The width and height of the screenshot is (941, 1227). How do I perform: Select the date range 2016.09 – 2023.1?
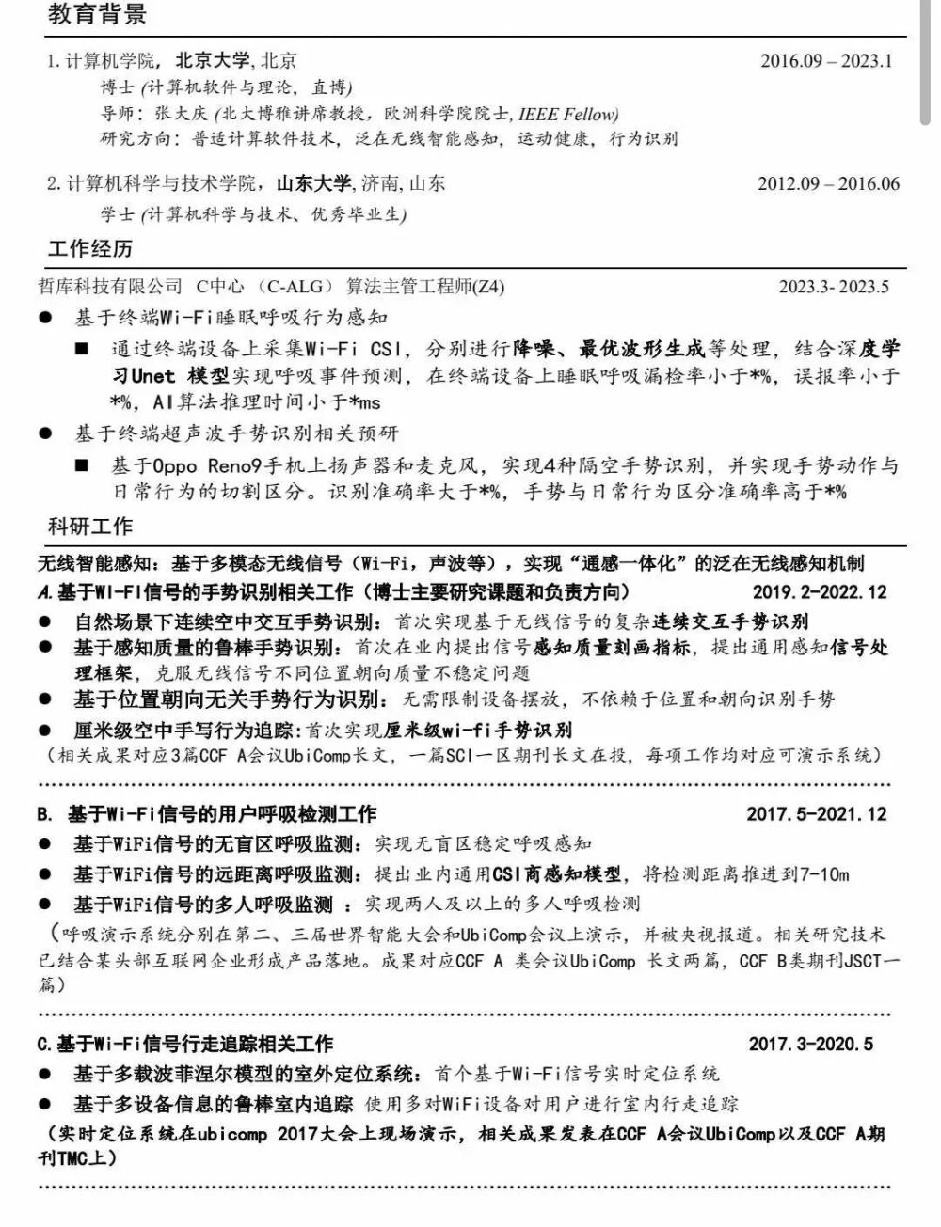(x=825, y=61)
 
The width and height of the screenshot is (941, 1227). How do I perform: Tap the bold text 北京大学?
(x=213, y=61)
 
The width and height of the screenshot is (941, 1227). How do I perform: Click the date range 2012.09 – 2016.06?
(x=828, y=184)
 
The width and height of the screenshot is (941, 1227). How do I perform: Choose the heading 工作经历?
(x=89, y=248)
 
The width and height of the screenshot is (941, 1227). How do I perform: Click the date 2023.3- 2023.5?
(x=833, y=287)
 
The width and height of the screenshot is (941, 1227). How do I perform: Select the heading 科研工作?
(x=89, y=526)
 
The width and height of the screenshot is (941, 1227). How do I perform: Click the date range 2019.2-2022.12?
(x=819, y=592)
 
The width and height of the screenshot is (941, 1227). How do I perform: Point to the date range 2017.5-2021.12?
(x=816, y=814)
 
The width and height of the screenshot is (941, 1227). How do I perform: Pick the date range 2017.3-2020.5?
(x=810, y=1044)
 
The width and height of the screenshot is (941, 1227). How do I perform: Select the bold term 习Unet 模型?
(x=170, y=376)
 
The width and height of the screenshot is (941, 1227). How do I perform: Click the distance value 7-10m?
(x=823, y=874)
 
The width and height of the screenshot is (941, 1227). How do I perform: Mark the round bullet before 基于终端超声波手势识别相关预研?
(x=46, y=433)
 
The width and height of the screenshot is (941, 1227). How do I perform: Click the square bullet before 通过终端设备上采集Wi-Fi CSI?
(x=83, y=350)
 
